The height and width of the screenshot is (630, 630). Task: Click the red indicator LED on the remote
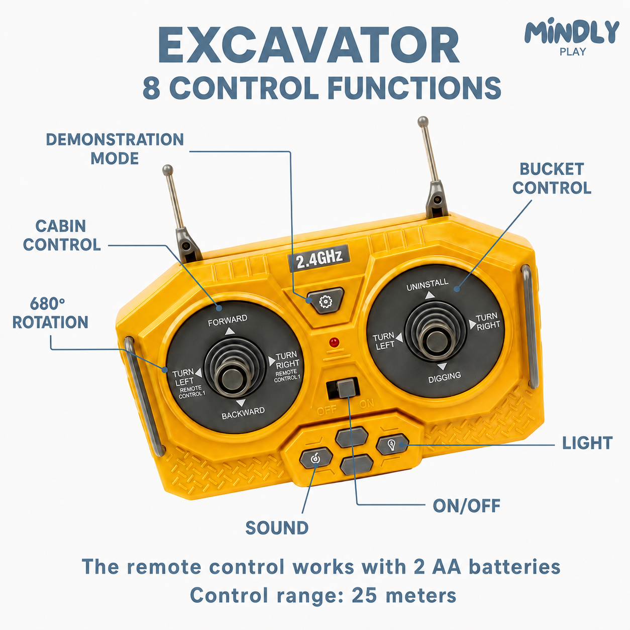pos(334,342)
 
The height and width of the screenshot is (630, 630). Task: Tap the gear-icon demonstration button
pos(325,301)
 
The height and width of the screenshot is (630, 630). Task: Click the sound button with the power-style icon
pos(316,458)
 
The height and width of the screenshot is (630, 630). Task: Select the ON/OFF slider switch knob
pos(346,388)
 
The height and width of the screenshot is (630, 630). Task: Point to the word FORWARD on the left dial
pos(228,321)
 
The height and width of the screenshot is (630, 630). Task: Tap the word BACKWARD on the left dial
pos(243,413)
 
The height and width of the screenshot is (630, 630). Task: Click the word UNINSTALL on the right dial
pos(427,284)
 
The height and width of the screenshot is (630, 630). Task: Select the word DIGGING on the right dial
pos(445,377)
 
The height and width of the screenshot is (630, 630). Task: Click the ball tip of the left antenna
pos(167,170)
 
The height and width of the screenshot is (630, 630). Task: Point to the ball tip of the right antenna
pos(423,121)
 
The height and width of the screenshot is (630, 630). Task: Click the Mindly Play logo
pos(572,36)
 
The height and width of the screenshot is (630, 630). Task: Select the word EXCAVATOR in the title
pos(308,45)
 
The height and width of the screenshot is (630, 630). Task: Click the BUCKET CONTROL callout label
pos(552,178)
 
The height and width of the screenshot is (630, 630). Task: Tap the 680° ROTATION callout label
pos(50,313)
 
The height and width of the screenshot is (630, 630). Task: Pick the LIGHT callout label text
pos(587,443)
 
